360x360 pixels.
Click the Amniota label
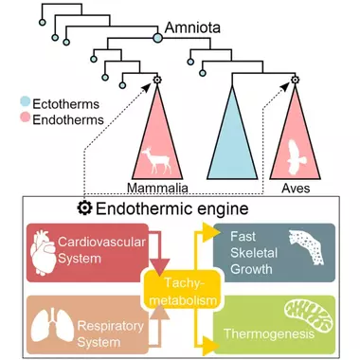(192, 27)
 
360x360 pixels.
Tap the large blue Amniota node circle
(157, 39)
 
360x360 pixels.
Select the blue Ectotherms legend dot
(26, 101)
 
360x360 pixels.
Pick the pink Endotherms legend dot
(26, 117)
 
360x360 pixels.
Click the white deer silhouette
(156, 160)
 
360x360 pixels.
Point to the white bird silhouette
(296, 157)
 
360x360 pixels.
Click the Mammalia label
(157, 188)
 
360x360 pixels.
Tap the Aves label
(296, 189)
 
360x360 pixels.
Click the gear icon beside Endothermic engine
(84, 208)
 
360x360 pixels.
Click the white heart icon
(43, 253)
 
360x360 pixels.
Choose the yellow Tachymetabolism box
(183, 291)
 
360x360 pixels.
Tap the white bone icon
(307, 247)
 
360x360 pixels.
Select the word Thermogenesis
(269, 333)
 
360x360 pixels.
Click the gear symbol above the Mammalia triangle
(157, 80)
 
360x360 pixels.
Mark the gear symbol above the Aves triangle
(295, 80)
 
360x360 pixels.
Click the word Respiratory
(110, 326)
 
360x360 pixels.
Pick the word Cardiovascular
(101, 242)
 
